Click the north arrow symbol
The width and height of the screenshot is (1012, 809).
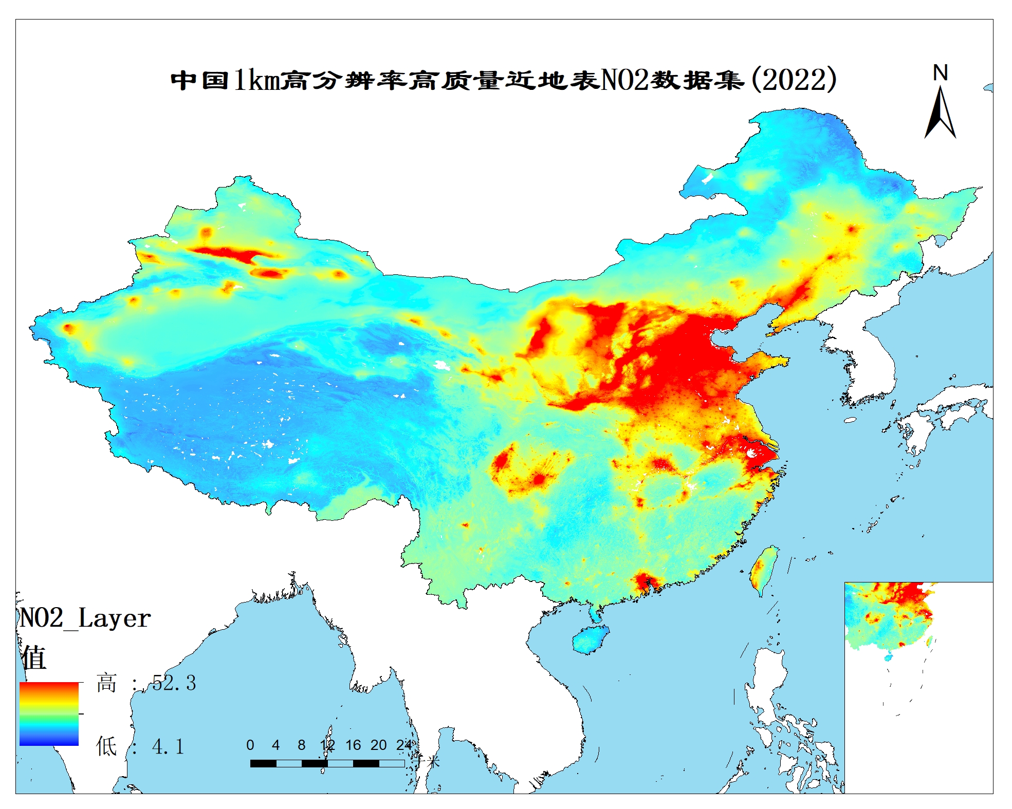click(940, 112)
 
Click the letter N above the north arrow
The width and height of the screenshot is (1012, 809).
click(940, 73)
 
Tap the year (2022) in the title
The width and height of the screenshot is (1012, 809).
click(794, 80)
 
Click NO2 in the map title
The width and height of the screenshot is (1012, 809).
click(624, 80)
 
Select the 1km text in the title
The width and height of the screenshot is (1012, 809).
click(257, 80)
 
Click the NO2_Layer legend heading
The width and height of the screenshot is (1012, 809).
click(85, 618)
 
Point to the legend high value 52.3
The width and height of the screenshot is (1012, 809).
click(174, 683)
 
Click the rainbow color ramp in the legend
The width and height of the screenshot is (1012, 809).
click(49, 714)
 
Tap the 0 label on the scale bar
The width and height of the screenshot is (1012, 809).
click(250, 745)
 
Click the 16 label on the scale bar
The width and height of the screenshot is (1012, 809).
click(353, 745)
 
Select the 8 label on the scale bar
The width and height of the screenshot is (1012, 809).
click(302, 745)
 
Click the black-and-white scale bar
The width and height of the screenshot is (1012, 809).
click(327, 764)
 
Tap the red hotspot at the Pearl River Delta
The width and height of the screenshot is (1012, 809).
click(646, 581)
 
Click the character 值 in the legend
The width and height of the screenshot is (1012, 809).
click(34, 657)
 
